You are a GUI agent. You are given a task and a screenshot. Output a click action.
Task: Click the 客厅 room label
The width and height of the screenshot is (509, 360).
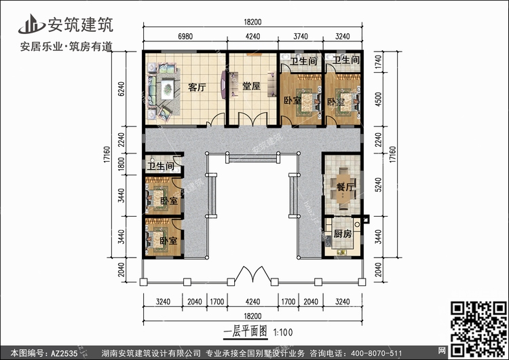[197, 88]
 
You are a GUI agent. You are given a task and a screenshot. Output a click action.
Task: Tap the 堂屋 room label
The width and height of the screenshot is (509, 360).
[251, 86]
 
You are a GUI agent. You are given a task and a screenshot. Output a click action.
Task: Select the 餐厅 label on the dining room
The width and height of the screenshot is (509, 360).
[344, 187]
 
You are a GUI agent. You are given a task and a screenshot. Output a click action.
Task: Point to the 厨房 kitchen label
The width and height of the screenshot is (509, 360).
[342, 234]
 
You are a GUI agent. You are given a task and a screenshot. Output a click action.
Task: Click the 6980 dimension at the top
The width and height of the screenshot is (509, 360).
[185, 37]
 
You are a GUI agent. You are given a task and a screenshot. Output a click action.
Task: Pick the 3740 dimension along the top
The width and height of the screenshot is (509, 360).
[301, 37]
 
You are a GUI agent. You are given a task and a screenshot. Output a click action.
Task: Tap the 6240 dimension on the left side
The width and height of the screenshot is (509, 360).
[121, 89]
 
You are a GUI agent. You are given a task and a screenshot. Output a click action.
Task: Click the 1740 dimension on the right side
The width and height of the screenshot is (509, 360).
[378, 62]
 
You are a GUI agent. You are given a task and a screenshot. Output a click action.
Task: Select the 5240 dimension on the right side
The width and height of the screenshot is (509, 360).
[378, 185]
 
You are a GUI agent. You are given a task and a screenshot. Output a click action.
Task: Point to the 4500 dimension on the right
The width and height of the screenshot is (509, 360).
[378, 99]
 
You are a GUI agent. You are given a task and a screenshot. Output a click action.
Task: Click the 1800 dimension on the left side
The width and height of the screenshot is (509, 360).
[121, 164]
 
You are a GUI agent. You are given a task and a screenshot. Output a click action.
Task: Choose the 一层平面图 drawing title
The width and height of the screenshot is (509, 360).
[246, 331]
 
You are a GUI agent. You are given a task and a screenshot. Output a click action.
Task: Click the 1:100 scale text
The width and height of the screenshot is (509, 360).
[283, 332]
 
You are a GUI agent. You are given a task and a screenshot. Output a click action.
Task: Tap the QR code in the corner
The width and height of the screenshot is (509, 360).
[478, 329]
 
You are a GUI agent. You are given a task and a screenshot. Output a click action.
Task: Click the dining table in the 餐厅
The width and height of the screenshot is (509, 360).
[344, 187]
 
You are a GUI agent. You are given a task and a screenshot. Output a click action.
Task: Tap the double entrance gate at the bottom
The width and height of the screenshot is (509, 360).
[253, 274]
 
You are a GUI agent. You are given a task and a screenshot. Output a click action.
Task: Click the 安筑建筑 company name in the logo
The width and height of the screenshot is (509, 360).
[81, 24]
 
